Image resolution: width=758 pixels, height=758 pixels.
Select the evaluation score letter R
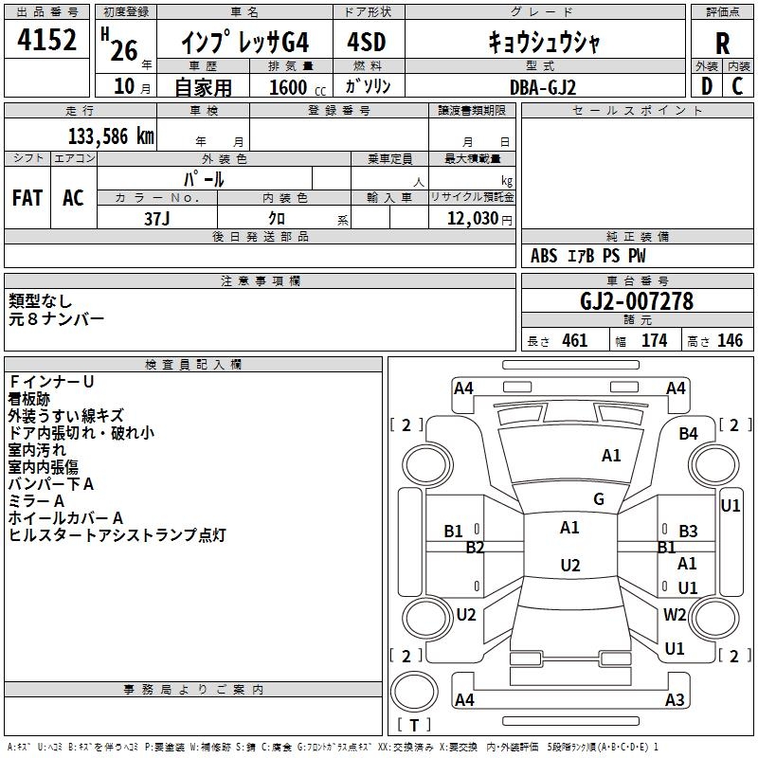pyautogui.click(x=723, y=43)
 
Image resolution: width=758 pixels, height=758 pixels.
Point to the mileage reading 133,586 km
pyautogui.click(x=111, y=135)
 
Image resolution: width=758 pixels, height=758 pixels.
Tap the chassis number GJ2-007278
pyautogui.click(x=637, y=301)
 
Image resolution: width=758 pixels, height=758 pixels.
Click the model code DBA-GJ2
pyautogui.click(x=543, y=86)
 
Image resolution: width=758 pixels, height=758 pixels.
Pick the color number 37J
pyautogui.click(x=157, y=217)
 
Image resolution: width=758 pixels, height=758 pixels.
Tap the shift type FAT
pyautogui.click(x=27, y=197)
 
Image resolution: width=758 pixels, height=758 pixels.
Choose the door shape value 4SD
pyautogui.click(x=367, y=43)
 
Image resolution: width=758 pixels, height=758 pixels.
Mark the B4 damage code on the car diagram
pyautogui.click(x=688, y=433)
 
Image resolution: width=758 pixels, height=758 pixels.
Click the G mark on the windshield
pyautogui.click(x=599, y=499)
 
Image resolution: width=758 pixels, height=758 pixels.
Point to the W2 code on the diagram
pyautogui.click(x=675, y=614)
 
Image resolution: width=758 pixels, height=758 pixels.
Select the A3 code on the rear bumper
pyautogui.click(x=675, y=700)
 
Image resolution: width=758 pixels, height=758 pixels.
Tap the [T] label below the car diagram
pyautogui.click(x=413, y=726)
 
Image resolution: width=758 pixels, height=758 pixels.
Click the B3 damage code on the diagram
pyautogui.click(x=688, y=532)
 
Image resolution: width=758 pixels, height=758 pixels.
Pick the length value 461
pyautogui.click(x=574, y=341)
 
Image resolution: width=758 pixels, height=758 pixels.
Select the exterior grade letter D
pyautogui.click(x=706, y=86)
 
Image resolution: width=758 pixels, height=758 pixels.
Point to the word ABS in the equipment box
pyautogui.click(x=544, y=256)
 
